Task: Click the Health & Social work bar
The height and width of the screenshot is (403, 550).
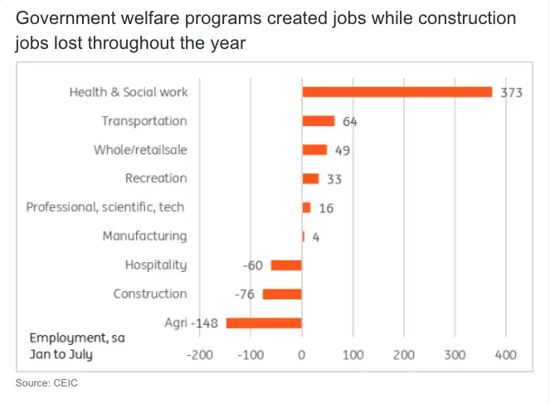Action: pyautogui.click(x=397, y=92)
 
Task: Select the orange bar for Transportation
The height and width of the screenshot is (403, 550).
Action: pyautogui.click(x=318, y=121)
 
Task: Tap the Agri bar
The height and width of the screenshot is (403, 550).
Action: pyautogui.click(x=264, y=323)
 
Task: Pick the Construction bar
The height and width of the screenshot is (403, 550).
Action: pyautogui.click(x=282, y=294)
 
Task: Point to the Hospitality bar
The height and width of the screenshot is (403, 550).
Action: pyautogui.click(x=286, y=265)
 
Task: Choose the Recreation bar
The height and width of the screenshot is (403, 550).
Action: pyautogui.click(x=310, y=178)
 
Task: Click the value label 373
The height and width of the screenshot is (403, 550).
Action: pyautogui.click(x=511, y=93)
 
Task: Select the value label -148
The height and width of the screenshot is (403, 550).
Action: pyautogui.click(x=204, y=323)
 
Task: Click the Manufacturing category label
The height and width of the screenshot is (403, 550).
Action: pyautogui.click(x=144, y=235)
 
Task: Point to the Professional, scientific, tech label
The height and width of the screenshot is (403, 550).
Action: pyautogui.click(x=105, y=206)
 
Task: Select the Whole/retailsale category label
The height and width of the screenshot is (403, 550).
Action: pyautogui.click(x=140, y=149)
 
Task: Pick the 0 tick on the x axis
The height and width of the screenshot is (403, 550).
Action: pyautogui.click(x=302, y=355)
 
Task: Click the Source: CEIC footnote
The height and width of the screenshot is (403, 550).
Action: pyautogui.click(x=47, y=383)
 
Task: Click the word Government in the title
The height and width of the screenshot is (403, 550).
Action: pyautogui.click(x=65, y=18)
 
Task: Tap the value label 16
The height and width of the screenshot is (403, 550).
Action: pyautogui.click(x=326, y=207)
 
